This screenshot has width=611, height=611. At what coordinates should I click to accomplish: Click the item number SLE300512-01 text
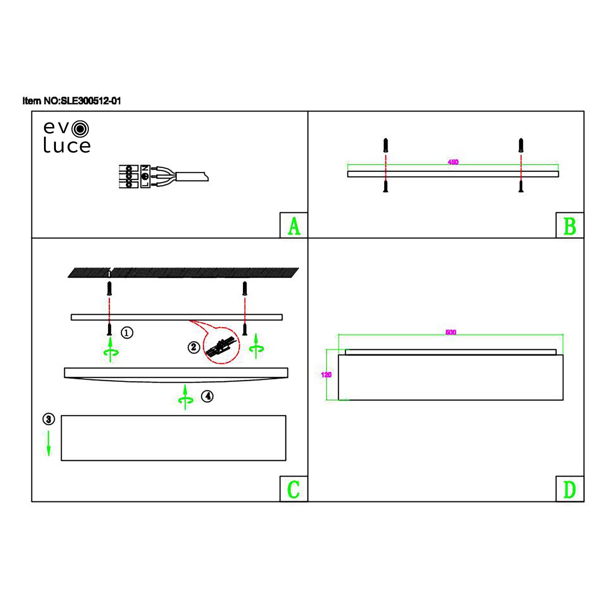click(x=72, y=101)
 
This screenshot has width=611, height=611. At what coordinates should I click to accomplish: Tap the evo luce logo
click(x=67, y=137)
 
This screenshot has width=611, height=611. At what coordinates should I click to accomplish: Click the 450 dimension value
click(x=453, y=162)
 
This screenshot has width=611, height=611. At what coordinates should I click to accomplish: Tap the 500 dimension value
click(x=451, y=332)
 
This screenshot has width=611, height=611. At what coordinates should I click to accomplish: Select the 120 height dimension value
click(x=326, y=375)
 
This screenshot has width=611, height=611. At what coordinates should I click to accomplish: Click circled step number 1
click(x=127, y=333)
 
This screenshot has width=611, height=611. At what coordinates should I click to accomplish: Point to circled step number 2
click(x=194, y=347)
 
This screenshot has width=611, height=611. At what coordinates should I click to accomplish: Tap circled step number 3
click(x=49, y=419)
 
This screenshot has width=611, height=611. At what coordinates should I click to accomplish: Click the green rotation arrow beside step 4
click(x=185, y=397)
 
